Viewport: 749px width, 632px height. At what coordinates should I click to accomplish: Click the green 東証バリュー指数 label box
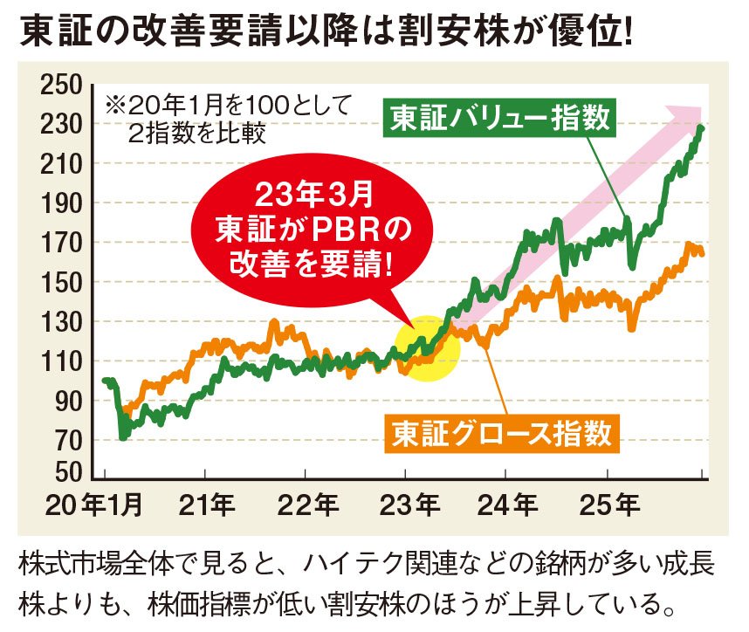point(500,118)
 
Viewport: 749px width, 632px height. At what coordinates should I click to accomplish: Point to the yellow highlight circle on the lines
point(426,347)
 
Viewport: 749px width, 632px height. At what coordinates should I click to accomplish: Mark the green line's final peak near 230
point(702,128)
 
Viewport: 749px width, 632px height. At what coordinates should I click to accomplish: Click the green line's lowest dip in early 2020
point(121,436)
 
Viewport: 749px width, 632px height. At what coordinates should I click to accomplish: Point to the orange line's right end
point(703,254)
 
